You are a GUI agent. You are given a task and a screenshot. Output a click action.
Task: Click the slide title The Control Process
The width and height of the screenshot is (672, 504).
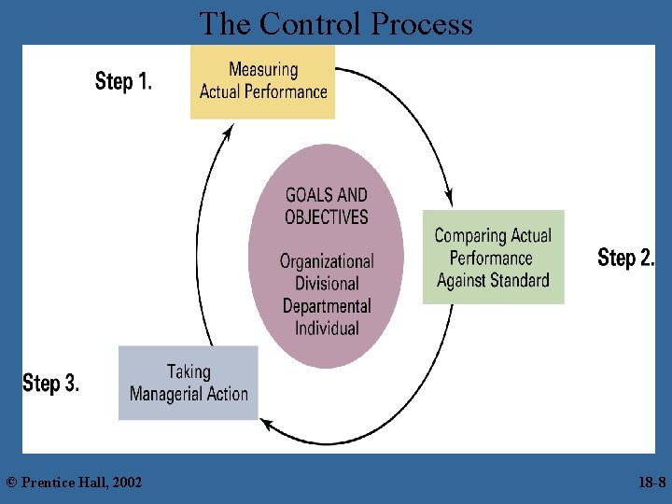336,23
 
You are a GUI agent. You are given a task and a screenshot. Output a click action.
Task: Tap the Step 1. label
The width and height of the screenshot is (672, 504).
123,81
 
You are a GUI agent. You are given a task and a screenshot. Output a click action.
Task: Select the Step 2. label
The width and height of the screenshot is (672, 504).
625,258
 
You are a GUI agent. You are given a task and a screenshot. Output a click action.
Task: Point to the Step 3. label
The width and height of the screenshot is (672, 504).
50,383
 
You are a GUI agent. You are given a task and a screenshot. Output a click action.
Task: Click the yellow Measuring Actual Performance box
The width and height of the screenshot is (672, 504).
262,81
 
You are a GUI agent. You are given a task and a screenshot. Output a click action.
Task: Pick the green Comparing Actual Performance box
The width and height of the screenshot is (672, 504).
493,258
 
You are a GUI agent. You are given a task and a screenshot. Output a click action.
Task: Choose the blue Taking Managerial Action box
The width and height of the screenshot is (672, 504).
189,383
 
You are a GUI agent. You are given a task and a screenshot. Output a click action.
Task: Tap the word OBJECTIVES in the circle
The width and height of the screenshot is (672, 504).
327,217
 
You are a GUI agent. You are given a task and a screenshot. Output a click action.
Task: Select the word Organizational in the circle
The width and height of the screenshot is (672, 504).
327,261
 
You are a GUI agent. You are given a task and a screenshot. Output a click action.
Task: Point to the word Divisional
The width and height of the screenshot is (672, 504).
327,284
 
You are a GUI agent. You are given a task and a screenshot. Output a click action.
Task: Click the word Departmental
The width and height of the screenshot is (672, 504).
327,306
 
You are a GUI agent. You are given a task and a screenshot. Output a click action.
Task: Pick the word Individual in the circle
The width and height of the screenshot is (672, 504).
327,329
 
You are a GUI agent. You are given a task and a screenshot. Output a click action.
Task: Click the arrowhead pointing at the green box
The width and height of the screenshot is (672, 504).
449,198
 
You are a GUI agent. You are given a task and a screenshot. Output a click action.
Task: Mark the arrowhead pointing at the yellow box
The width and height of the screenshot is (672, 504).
227,133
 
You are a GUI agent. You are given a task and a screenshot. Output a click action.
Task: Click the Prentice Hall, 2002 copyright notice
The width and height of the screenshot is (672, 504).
74,482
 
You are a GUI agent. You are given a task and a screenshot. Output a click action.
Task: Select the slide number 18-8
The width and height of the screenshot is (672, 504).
651,482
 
